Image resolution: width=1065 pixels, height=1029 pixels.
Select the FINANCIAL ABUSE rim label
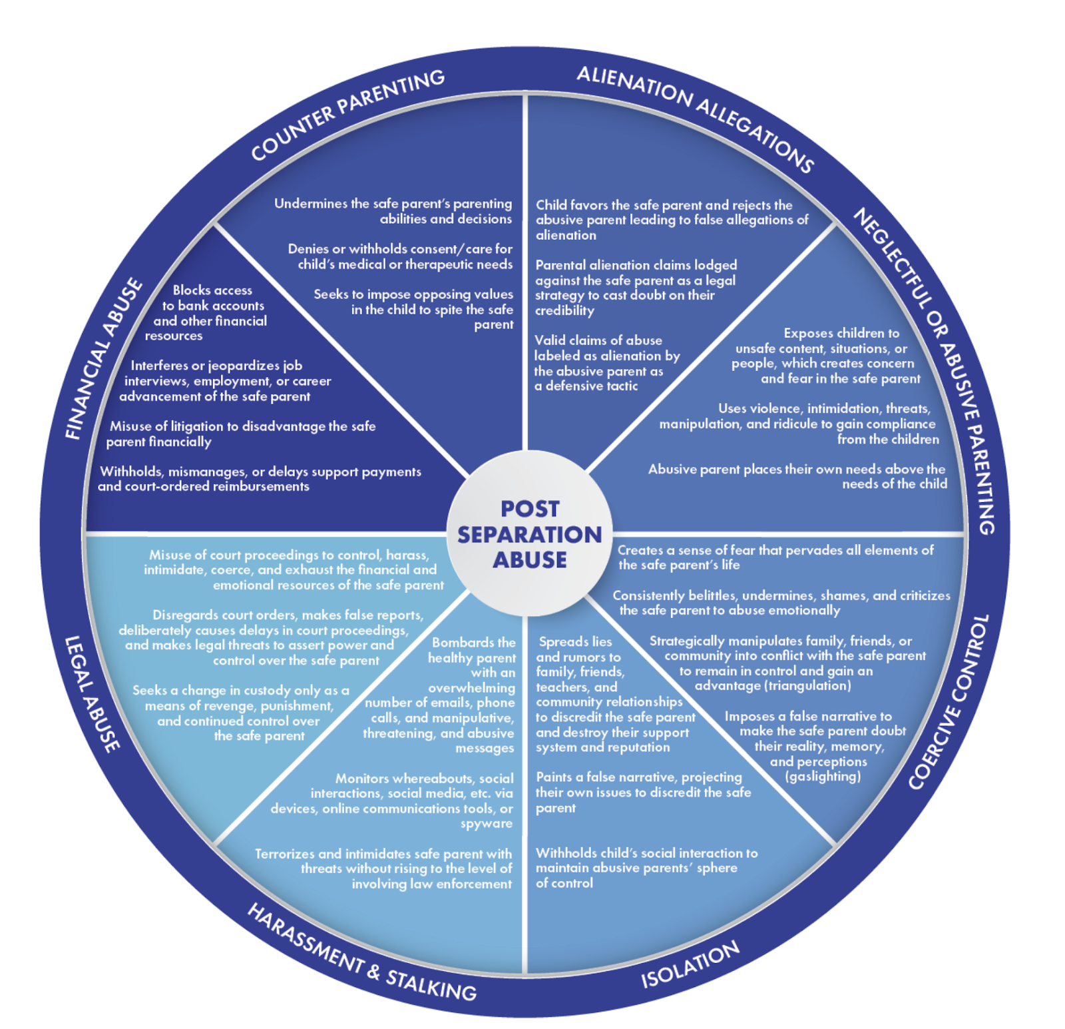click(x=104, y=360)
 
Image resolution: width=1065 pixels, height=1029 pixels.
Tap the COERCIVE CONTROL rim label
click(x=950, y=702)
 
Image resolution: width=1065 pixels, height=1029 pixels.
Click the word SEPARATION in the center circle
click(x=529, y=534)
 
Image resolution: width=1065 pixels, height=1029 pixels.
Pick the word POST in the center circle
click(x=530, y=509)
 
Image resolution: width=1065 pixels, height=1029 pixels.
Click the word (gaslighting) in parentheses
click(x=823, y=777)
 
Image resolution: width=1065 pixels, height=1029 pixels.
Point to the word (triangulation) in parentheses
click(x=773, y=685)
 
